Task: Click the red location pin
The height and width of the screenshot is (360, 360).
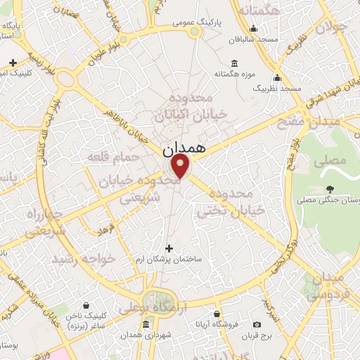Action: (181, 167)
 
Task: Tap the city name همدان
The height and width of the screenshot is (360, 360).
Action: (184, 150)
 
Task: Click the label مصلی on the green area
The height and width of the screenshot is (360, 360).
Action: (333, 161)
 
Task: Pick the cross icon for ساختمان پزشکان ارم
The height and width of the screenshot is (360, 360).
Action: (168, 247)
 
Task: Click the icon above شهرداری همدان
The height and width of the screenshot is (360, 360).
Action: (146, 323)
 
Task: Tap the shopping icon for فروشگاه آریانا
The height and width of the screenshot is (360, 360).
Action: (217, 314)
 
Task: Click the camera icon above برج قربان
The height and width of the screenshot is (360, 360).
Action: (257, 324)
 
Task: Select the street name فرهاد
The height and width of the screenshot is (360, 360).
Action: (108, 231)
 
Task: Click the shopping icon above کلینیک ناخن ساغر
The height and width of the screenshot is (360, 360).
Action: (86, 306)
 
